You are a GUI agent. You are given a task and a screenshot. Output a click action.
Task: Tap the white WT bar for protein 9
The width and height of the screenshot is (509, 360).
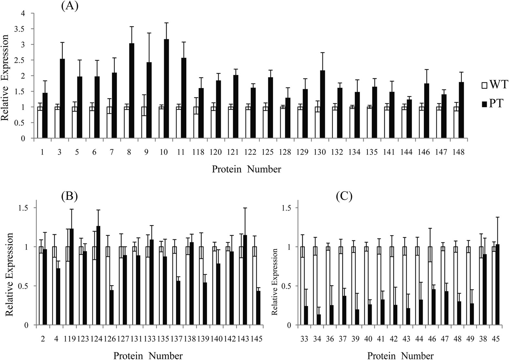(x=143, y=123)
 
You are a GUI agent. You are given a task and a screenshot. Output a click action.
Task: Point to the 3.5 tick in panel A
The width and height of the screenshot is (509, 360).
(x=23, y=29)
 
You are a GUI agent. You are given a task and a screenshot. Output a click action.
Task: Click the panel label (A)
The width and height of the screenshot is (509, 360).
(x=69, y=6)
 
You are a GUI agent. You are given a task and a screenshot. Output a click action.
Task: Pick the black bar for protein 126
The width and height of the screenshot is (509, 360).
(x=111, y=308)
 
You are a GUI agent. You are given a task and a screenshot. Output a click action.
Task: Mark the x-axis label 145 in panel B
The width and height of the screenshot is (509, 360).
(x=256, y=339)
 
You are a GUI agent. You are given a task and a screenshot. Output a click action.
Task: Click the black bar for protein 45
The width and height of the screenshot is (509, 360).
(x=497, y=285)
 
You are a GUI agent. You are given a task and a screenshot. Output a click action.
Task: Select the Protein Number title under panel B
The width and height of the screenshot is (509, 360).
(x=148, y=355)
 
